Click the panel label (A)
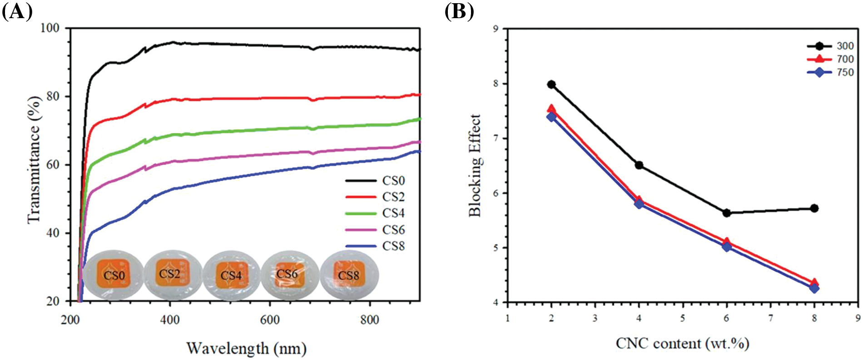coord(17,11)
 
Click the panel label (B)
coord(459,11)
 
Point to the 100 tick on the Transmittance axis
coord(50,28)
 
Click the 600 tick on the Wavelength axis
coord(270,320)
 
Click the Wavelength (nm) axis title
coord(247,349)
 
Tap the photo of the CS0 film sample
coord(114,275)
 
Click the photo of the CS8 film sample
coord(348,275)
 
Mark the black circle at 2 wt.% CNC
coord(551,84)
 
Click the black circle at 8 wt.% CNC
coord(814,208)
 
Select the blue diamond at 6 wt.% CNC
coord(727,247)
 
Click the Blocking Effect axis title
coord(475,165)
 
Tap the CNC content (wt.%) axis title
coord(682,344)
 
